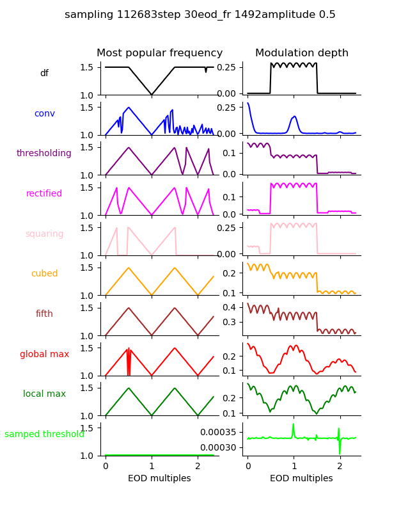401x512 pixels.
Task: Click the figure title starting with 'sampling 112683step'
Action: pos(200,15)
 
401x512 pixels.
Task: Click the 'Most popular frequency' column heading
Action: pos(160,53)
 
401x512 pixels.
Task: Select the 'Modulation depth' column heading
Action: pos(302,53)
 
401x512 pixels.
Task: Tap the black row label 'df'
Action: pos(44,74)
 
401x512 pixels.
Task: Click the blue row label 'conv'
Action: pos(44,113)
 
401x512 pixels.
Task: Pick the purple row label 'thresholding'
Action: pos(44,154)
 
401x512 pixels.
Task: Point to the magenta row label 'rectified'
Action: pos(44,194)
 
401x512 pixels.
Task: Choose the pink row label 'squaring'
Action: pos(44,234)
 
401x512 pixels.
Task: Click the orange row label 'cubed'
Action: pos(44,274)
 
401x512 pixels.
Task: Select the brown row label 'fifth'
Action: pos(44,314)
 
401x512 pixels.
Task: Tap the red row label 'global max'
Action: pos(44,354)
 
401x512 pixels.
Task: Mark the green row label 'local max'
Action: pos(44,394)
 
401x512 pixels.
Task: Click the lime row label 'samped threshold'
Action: pos(44,434)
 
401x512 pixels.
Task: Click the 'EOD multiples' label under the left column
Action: pos(159,479)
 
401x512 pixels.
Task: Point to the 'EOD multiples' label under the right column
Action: pos(301,479)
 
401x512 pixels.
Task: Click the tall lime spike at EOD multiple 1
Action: pos(294,425)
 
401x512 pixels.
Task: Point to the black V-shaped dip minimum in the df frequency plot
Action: pos(152,95)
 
